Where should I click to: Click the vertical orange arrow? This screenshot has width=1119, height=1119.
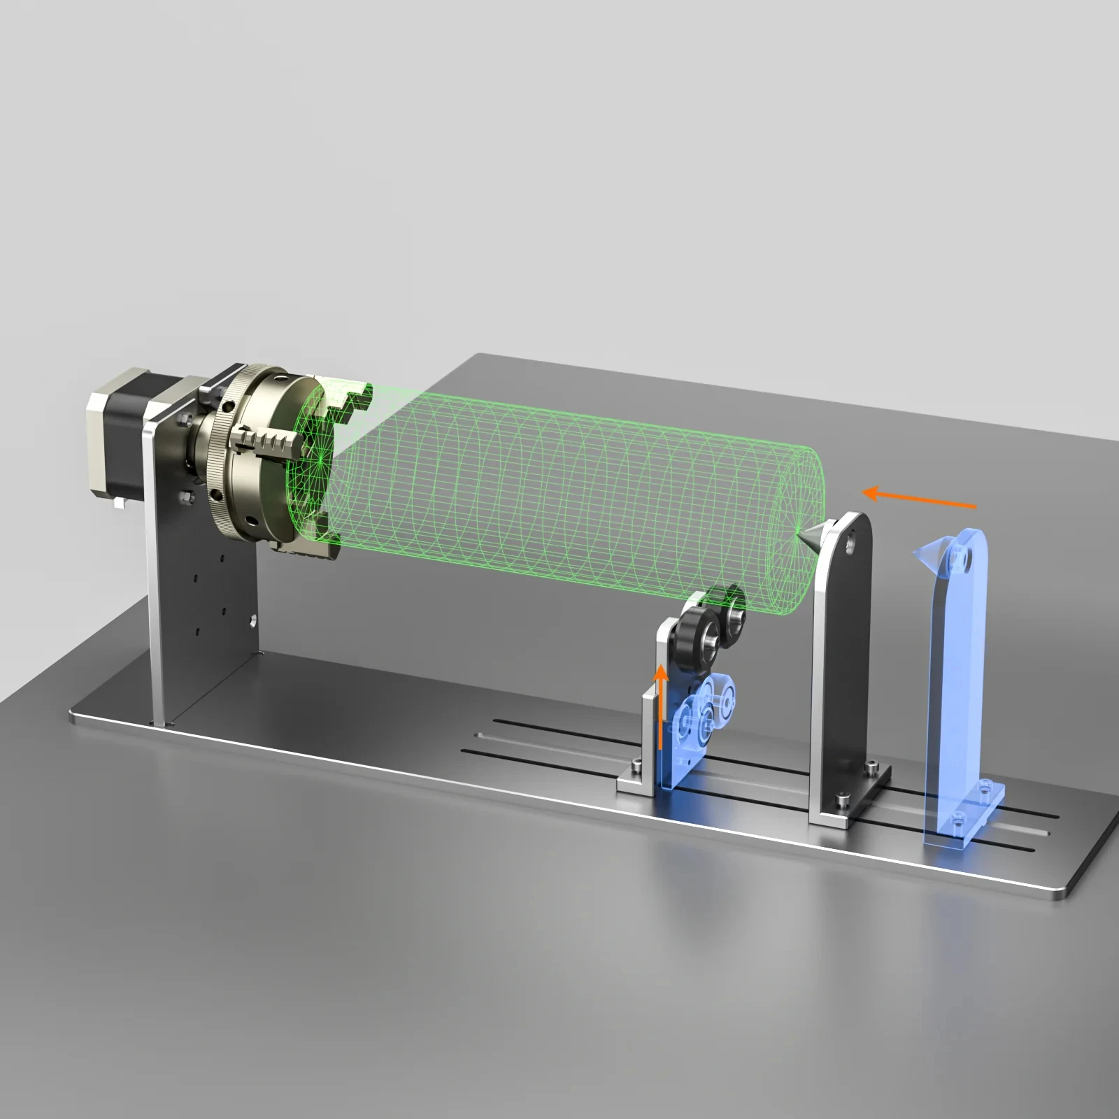click(x=660, y=706)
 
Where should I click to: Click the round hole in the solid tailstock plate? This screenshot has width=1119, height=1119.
click(x=850, y=539)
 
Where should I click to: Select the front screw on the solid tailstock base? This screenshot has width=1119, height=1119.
click(x=843, y=798)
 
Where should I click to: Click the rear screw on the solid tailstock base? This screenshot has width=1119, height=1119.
click(x=871, y=767)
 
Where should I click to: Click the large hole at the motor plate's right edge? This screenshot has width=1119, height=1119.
click(x=251, y=620)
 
